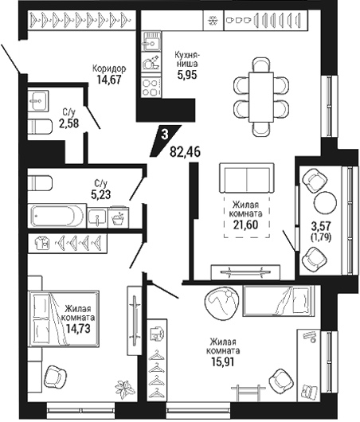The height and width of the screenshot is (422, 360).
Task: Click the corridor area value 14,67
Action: coord(109,80)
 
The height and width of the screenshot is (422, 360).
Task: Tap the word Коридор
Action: coord(109,68)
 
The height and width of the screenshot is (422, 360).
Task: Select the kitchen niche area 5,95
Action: coord(187,75)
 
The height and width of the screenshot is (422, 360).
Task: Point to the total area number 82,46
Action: coord(185,152)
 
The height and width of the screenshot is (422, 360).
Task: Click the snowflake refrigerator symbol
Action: coord(213,20)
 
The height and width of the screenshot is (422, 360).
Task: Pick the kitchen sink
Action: coord(151,41)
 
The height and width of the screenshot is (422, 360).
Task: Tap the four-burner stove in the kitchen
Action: coord(151,87)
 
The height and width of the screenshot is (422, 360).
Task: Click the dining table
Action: coord(261,97)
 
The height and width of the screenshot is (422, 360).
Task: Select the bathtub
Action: coord(57,216)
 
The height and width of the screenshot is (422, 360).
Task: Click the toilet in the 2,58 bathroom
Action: coord(40,127)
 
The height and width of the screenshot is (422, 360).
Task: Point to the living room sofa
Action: coord(247,178)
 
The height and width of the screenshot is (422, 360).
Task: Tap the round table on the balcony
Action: coord(325,202)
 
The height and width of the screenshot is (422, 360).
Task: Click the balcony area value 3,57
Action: coord(321,226)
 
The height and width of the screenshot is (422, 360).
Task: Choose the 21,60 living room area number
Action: coord(245,225)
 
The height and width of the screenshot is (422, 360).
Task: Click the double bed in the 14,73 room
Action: coord(64,318)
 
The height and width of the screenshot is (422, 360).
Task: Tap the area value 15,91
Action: coord(223,361)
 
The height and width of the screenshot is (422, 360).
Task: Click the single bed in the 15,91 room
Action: coord(279,300)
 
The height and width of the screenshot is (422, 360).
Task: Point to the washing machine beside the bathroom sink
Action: coord(119,217)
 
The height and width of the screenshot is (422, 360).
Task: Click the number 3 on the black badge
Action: coord(165,135)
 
